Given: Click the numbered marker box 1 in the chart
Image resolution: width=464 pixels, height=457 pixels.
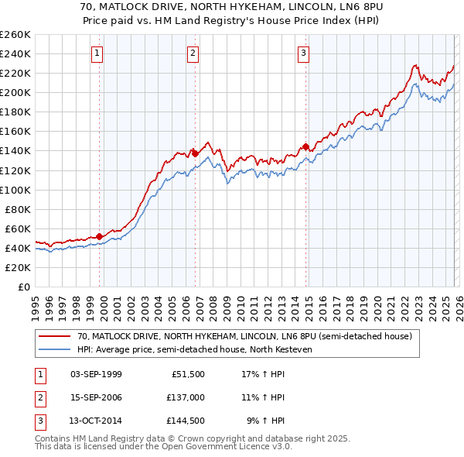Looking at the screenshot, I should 97,53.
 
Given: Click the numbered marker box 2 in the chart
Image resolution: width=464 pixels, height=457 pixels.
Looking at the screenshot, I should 193,53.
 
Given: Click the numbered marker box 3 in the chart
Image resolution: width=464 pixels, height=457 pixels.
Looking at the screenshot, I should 303,53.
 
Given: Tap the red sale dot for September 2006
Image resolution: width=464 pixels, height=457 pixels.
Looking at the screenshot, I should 195,153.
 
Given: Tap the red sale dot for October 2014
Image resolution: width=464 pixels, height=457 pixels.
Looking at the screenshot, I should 305,146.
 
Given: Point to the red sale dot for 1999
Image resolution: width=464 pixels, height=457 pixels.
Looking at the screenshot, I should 100,236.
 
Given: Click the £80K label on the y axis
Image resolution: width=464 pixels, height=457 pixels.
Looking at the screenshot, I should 17,209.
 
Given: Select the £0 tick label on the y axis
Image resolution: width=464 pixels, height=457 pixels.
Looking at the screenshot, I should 22,287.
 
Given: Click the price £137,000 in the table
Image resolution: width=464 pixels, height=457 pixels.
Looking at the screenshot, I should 186,397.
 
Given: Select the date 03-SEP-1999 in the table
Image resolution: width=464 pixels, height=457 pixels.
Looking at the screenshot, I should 96,374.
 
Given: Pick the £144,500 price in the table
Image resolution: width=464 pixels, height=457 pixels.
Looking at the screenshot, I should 186,421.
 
